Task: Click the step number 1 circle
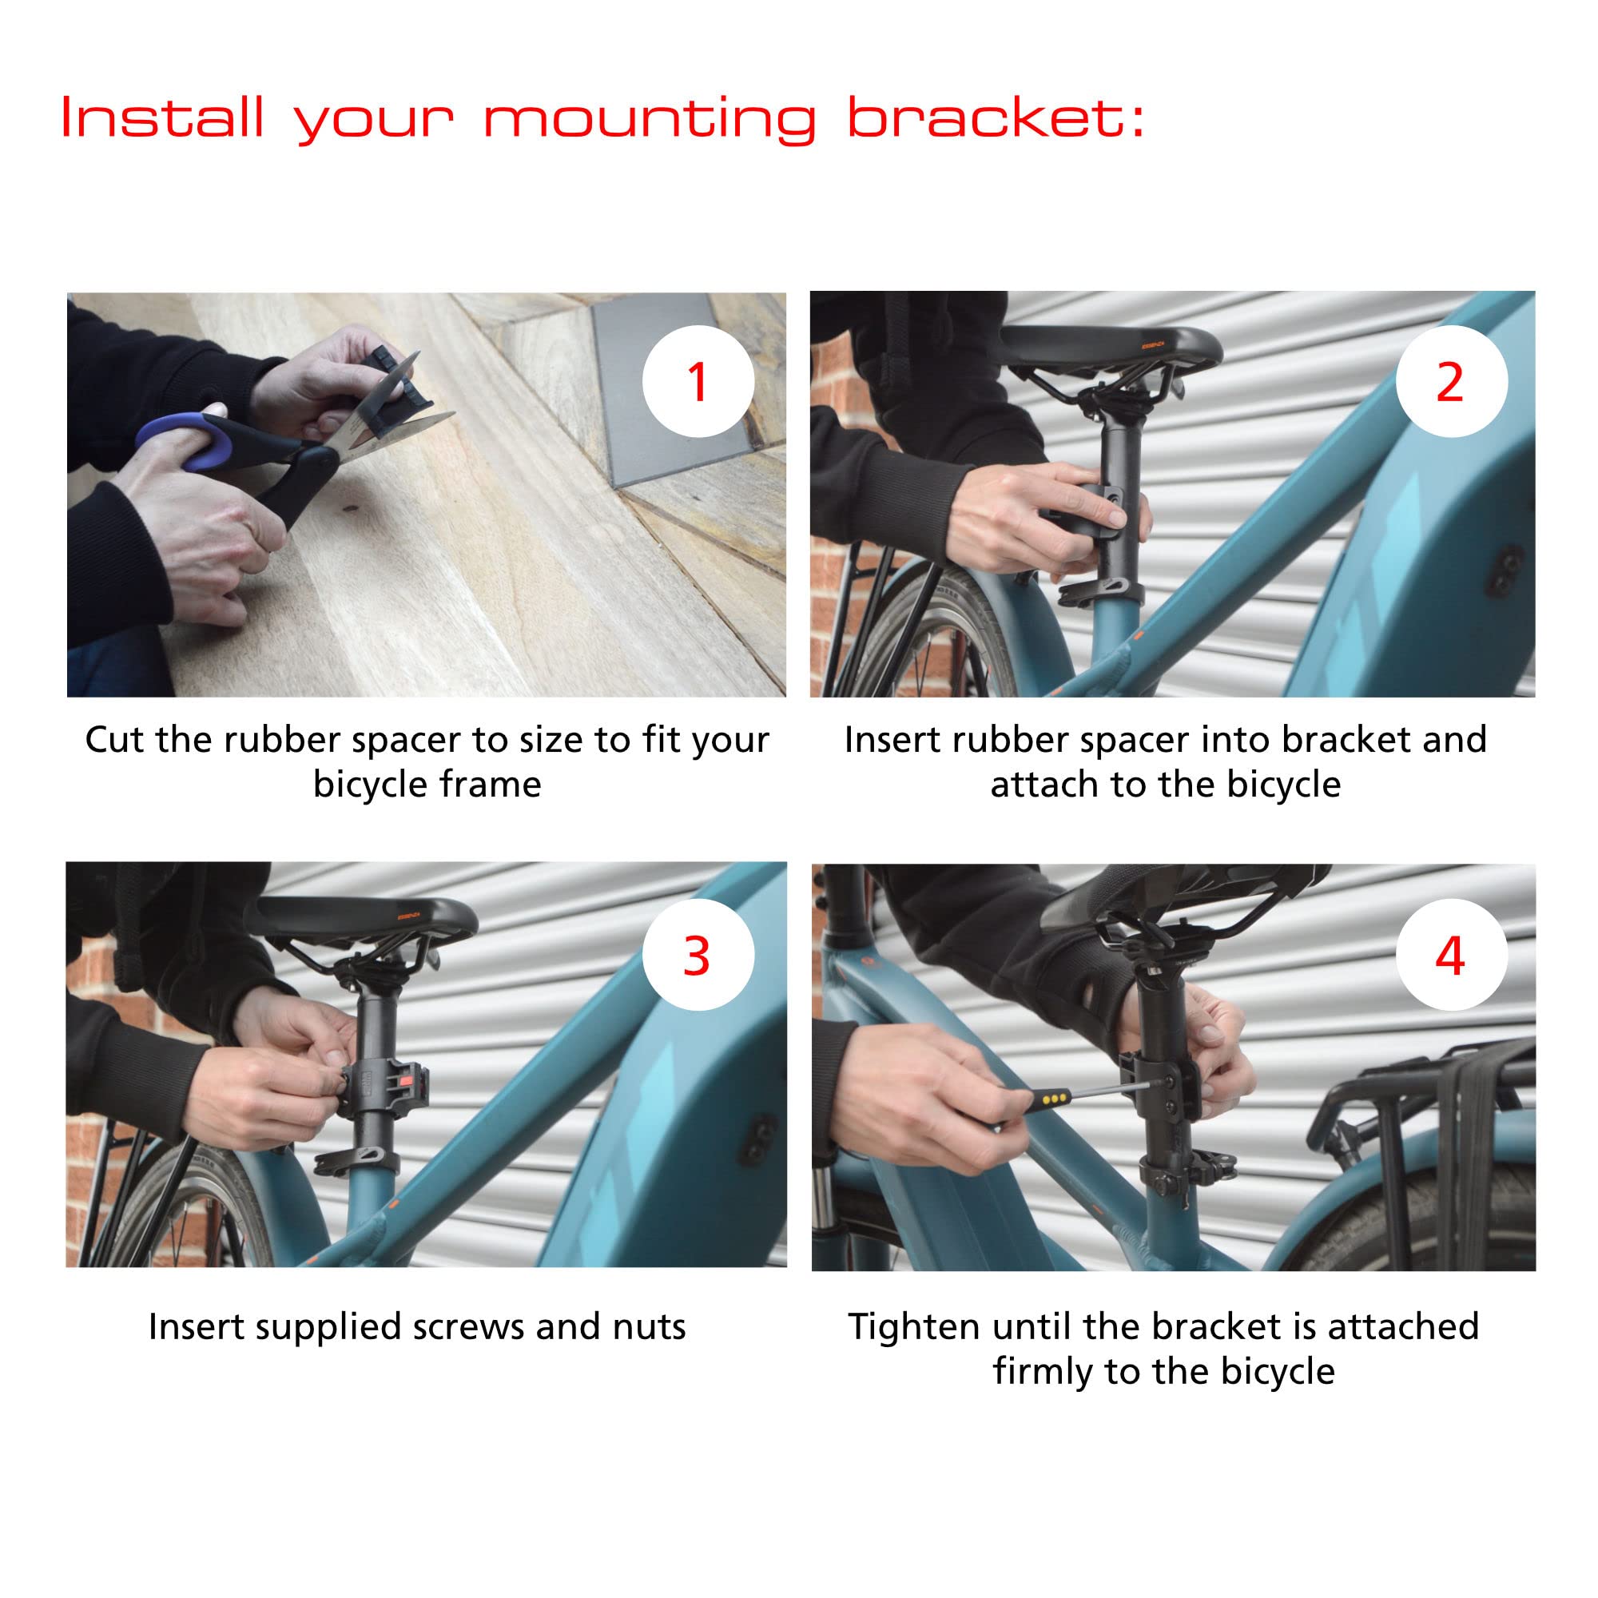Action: pos(698,381)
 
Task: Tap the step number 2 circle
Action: pos(1451,381)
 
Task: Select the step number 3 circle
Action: pos(698,956)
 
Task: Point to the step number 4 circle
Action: pos(1451,956)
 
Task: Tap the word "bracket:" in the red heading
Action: pos(996,117)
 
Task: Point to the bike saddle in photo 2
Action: pos(1111,347)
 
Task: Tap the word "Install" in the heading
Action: pos(163,117)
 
